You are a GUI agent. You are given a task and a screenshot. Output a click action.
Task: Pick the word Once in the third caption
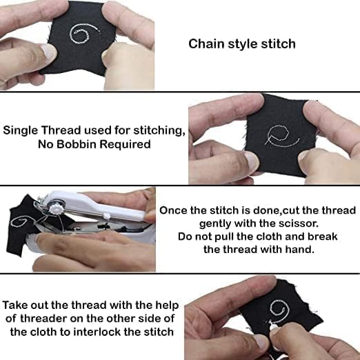(174, 210)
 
